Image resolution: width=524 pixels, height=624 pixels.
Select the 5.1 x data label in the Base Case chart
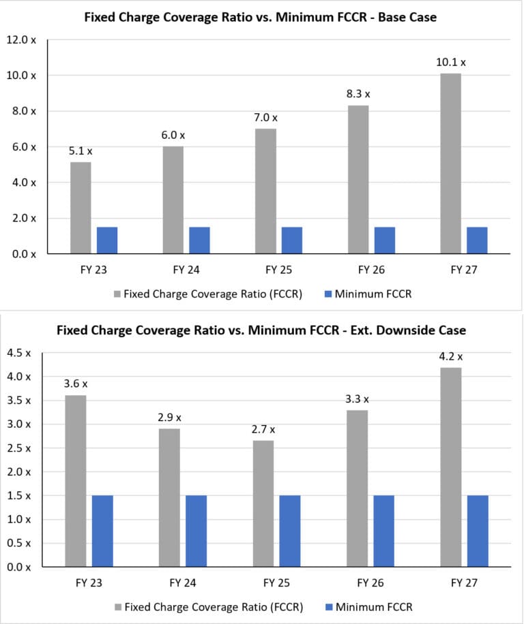coord(81,151)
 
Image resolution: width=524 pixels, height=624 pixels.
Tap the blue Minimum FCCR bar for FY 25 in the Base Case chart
coord(292,240)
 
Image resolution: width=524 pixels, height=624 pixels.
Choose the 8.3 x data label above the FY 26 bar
coord(358,95)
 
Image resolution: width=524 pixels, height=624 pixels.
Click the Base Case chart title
coord(260,18)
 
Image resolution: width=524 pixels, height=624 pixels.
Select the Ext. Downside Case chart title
coord(261,330)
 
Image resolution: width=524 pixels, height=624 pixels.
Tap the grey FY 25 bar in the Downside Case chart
coord(263,503)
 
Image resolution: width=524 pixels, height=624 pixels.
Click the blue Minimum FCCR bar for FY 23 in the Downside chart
coord(102,531)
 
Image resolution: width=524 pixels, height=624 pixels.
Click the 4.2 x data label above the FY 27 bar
coord(450,356)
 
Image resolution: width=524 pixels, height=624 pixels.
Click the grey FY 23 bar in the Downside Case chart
coord(76,481)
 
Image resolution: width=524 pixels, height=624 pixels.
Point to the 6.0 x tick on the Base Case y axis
coord(25,146)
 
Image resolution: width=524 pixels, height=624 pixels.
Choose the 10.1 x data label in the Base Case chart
coord(450,63)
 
